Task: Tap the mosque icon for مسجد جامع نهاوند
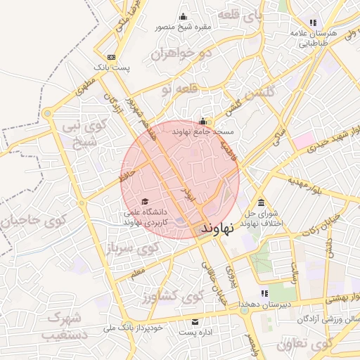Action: point(202,121)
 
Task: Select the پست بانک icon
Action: point(112,57)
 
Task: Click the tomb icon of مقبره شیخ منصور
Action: point(184,18)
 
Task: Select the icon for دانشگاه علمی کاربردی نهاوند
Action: point(144,202)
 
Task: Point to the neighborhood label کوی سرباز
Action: point(131,248)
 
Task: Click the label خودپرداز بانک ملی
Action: point(134,328)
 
